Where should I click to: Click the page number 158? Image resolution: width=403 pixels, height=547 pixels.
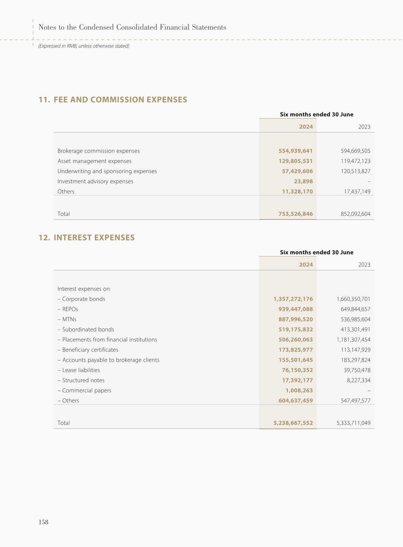tap(43, 522)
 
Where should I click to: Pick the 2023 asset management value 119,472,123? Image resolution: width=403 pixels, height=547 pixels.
tap(355, 161)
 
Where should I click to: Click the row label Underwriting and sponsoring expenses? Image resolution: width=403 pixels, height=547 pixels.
tap(107, 171)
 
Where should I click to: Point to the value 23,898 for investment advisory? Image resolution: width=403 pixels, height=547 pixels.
tap(303, 181)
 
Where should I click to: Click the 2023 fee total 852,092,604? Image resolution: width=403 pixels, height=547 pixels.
tap(355, 214)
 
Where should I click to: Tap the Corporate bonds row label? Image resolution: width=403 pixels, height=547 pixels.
tap(83, 299)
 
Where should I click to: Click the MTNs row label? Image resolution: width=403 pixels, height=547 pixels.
tap(69, 319)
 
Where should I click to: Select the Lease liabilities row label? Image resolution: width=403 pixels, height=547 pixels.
tap(81, 370)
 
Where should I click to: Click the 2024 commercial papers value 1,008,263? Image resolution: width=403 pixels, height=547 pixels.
tap(299, 390)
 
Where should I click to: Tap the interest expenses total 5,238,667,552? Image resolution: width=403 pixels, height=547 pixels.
tap(293, 423)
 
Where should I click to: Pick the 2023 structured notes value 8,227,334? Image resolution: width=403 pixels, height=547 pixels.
tap(359, 380)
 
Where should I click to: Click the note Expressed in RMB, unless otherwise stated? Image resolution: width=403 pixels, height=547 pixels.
tap(84, 46)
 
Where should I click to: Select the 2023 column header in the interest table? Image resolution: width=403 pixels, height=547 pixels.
tap(364, 265)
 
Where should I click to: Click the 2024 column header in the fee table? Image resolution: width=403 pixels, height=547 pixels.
tap(306, 127)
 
